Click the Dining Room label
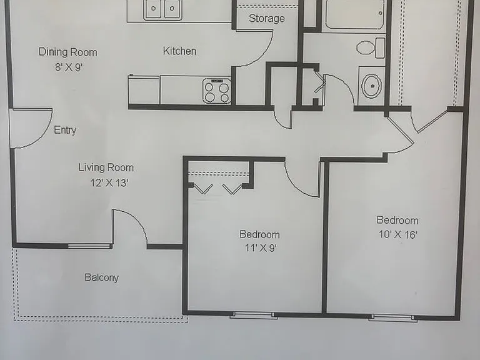click(67, 52)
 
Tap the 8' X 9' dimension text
click(69, 67)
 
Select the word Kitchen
click(179, 51)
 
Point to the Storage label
click(267, 18)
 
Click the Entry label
click(65, 130)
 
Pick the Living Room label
click(106, 167)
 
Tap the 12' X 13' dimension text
click(109, 182)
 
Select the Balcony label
click(101, 277)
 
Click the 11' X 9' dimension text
click(261, 247)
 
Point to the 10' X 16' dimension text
click(397, 234)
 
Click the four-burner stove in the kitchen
click(217, 91)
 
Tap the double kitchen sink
click(162, 10)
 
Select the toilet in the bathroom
click(371, 47)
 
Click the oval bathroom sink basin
click(372, 86)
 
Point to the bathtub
click(354, 15)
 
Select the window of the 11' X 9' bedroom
click(254, 315)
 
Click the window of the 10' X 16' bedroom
click(393, 317)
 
